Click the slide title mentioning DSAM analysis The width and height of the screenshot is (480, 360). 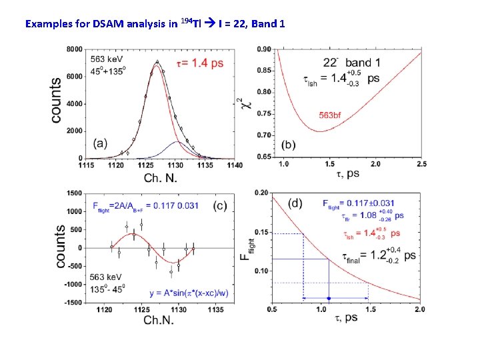pos(155,24)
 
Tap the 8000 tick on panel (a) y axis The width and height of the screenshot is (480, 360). pos(75,49)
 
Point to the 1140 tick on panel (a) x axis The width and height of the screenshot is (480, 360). pos(235,165)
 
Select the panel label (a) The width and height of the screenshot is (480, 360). pos(101,143)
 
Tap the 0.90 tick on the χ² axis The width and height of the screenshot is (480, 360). pos(264,49)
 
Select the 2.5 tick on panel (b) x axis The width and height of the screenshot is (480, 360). pos(421,164)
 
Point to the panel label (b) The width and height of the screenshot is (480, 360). pos(290,144)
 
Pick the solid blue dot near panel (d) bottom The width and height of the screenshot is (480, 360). pos(329,298)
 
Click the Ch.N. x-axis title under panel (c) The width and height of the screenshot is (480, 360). pos(161,321)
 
